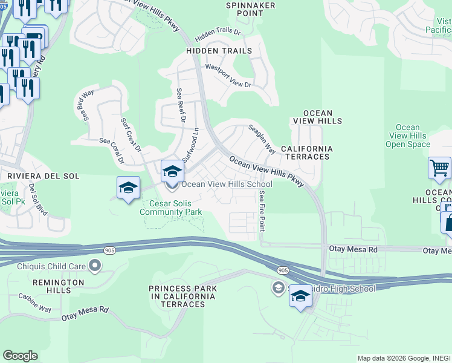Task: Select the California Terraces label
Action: tap(306, 152)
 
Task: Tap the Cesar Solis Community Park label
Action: tap(170, 208)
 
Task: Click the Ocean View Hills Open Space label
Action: tap(408, 136)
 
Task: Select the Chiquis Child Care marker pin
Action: tap(94, 265)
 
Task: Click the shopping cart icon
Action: tap(439, 168)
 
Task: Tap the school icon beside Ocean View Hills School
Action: tap(172, 171)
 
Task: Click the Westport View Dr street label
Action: tap(228, 76)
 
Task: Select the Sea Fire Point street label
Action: tap(262, 211)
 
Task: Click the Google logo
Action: tap(20, 356)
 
